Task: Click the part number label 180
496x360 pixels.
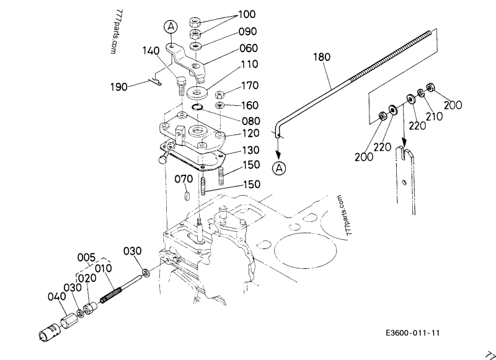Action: (321, 57)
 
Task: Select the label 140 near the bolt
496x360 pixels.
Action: (153, 51)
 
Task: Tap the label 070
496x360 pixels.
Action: (184, 180)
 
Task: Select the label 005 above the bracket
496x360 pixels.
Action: (86, 257)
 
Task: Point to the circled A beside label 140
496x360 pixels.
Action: (170, 27)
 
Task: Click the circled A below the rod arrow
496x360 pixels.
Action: (280, 167)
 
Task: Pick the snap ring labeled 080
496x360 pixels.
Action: (199, 108)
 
